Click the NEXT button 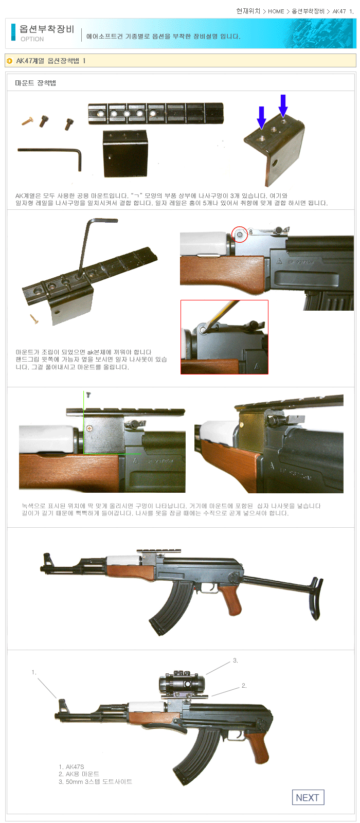tap(308, 797)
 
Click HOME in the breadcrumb tap(276, 11)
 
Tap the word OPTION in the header tap(32, 39)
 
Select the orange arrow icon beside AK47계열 tap(10, 61)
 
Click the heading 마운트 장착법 tap(35, 83)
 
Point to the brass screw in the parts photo tap(27, 121)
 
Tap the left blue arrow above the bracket tap(261, 118)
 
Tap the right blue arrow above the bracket tap(283, 105)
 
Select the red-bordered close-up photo tap(224, 337)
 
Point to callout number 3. tap(236, 660)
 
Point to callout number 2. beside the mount tap(244, 686)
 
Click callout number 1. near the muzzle tap(34, 672)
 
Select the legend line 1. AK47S tap(71, 767)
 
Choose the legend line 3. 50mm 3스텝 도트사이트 tap(96, 781)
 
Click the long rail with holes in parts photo tap(155, 113)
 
